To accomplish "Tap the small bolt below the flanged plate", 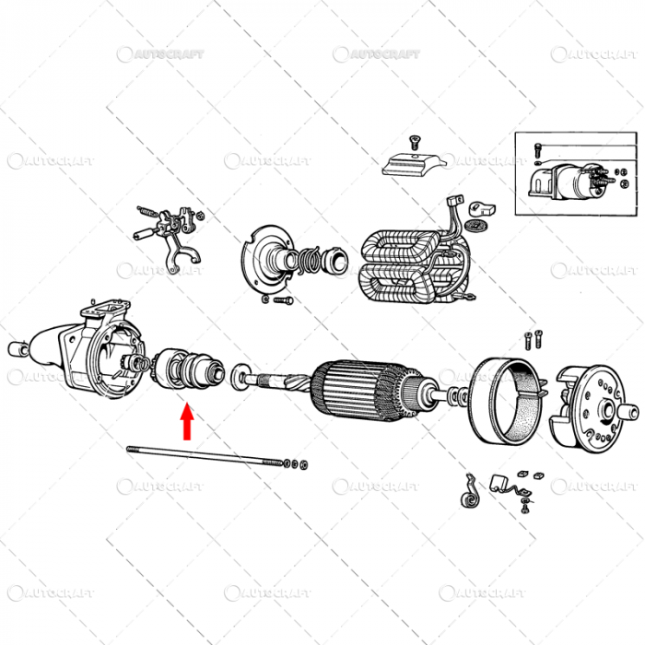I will (280, 299).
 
